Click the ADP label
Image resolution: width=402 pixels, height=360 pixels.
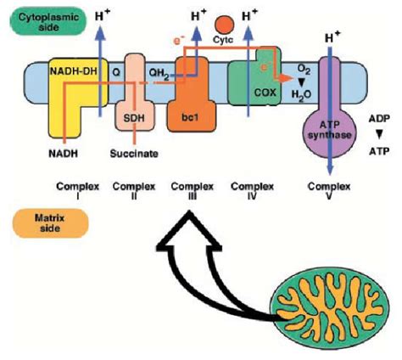[x=378, y=119]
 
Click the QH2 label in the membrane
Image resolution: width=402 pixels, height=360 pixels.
[x=158, y=73]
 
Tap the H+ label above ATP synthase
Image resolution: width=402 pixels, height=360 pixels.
[x=332, y=39]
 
